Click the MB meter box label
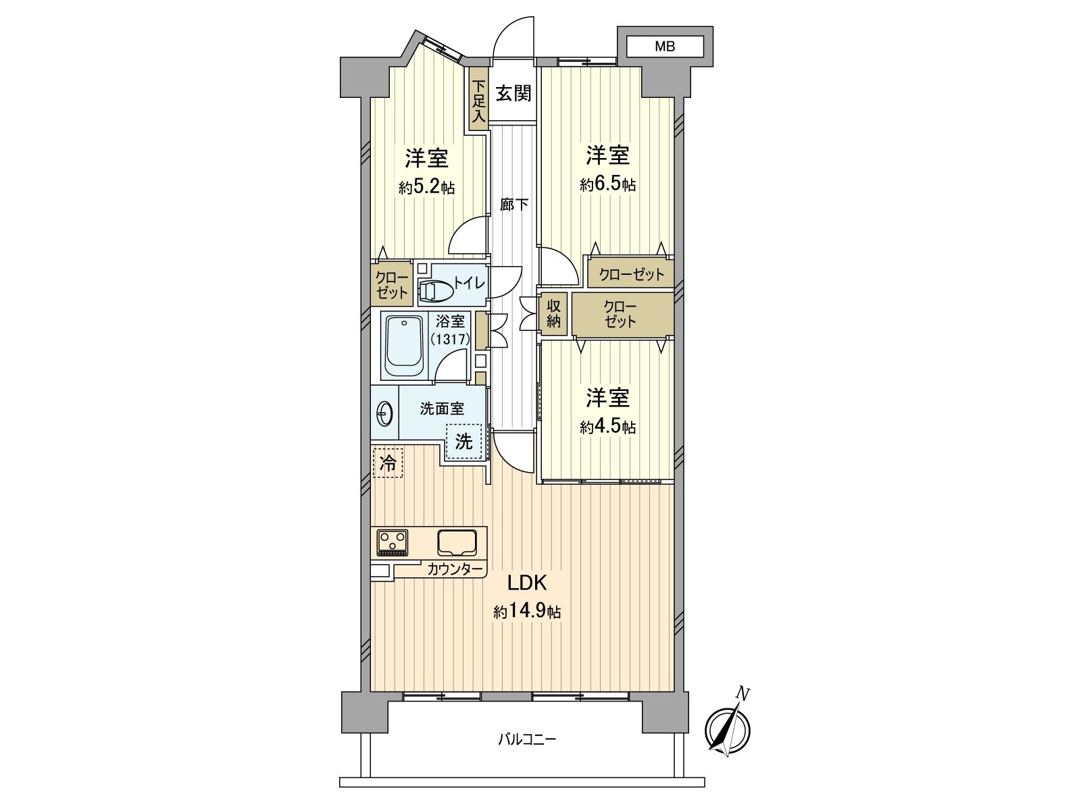coord(665,47)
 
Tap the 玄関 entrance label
coord(513,93)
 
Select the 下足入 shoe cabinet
coord(478,101)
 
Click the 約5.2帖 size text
coord(426,187)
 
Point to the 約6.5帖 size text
coord(607,184)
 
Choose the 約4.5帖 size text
coord(607,427)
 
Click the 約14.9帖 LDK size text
coord(527,612)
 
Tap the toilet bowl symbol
coord(435,291)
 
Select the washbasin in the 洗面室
coord(384,413)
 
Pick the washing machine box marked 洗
coord(463,442)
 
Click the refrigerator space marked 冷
coord(388,463)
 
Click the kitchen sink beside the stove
coord(457,542)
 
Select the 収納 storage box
coord(554,314)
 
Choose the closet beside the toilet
coord(392,285)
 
